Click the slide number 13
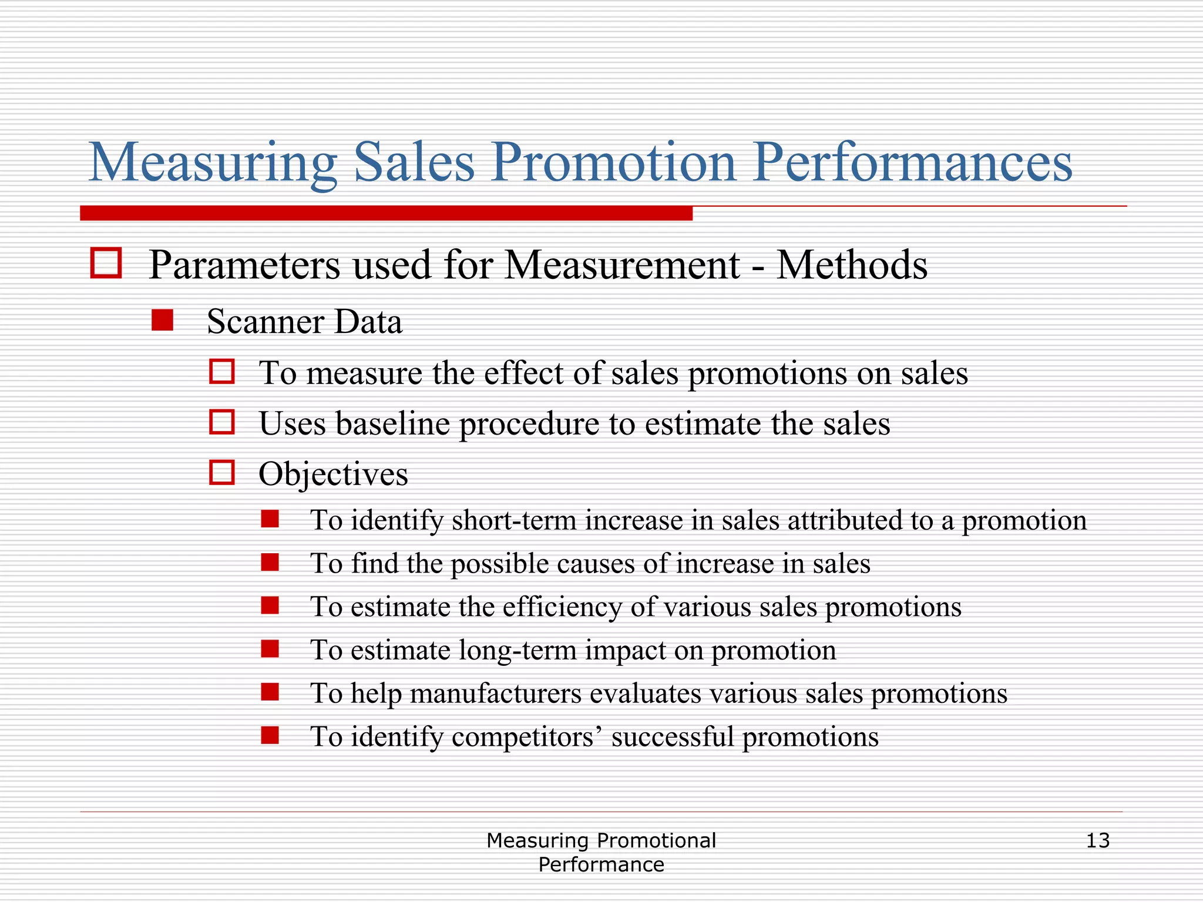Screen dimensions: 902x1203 (x=1097, y=841)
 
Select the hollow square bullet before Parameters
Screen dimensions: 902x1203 (x=106, y=262)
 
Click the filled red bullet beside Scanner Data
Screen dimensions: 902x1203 (x=162, y=321)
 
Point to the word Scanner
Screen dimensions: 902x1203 (x=266, y=322)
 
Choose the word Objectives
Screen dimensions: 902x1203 (x=333, y=474)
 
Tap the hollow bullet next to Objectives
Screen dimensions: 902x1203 (x=222, y=473)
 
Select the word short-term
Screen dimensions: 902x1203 (x=514, y=520)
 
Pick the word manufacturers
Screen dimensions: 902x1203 (x=495, y=694)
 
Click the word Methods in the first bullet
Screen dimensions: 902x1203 (x=852, y=265)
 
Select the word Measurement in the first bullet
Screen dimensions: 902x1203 (x=622, y=265)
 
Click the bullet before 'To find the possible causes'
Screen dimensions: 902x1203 (x=270, y=563)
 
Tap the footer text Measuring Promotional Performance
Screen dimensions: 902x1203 (x=601, y=852)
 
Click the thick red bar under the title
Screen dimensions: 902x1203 (x=386, y=213)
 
